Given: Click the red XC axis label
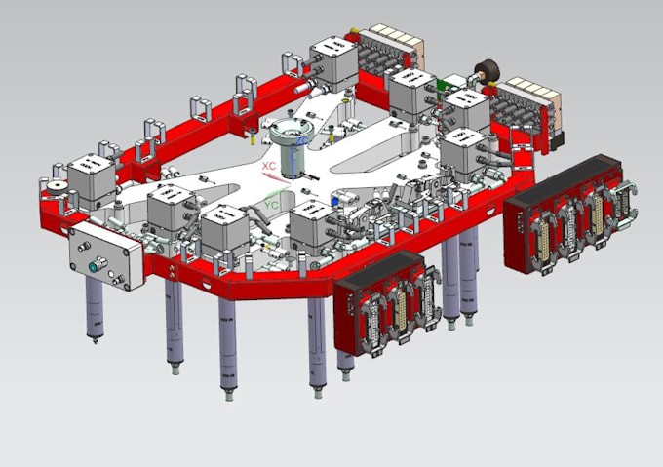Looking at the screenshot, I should pos(268,166).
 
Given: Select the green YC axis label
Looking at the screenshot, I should pos(273,206).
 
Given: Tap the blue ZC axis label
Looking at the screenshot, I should pos(302,142).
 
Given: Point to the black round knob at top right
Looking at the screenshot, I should pos(484,72).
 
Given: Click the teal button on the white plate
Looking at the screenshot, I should pos(97,263).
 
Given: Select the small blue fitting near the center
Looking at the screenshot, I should pos(334,199).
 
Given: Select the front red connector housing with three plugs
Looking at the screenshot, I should pos(382,304).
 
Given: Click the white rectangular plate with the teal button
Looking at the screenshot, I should pos(105,252).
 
